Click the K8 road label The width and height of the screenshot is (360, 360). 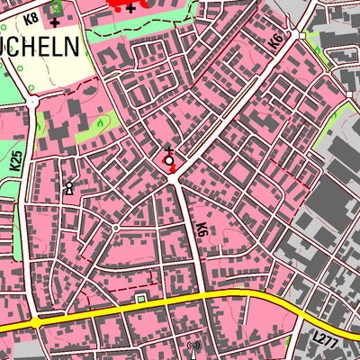(31, 17)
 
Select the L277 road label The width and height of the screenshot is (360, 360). (326, 338)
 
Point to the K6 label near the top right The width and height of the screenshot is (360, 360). (275, 41)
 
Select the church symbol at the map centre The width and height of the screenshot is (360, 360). (168, 158)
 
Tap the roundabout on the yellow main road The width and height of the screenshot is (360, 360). (36, 321)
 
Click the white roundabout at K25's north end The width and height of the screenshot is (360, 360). (31, 103)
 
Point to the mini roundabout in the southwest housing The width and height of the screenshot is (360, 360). (115, 228)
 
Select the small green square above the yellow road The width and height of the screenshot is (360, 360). (140, 297)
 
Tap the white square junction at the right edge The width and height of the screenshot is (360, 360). (347, 93)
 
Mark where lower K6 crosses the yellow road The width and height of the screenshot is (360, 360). (212, 295)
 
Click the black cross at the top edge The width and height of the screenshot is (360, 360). (131, 7)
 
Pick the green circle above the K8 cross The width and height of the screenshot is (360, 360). (56, 4)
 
